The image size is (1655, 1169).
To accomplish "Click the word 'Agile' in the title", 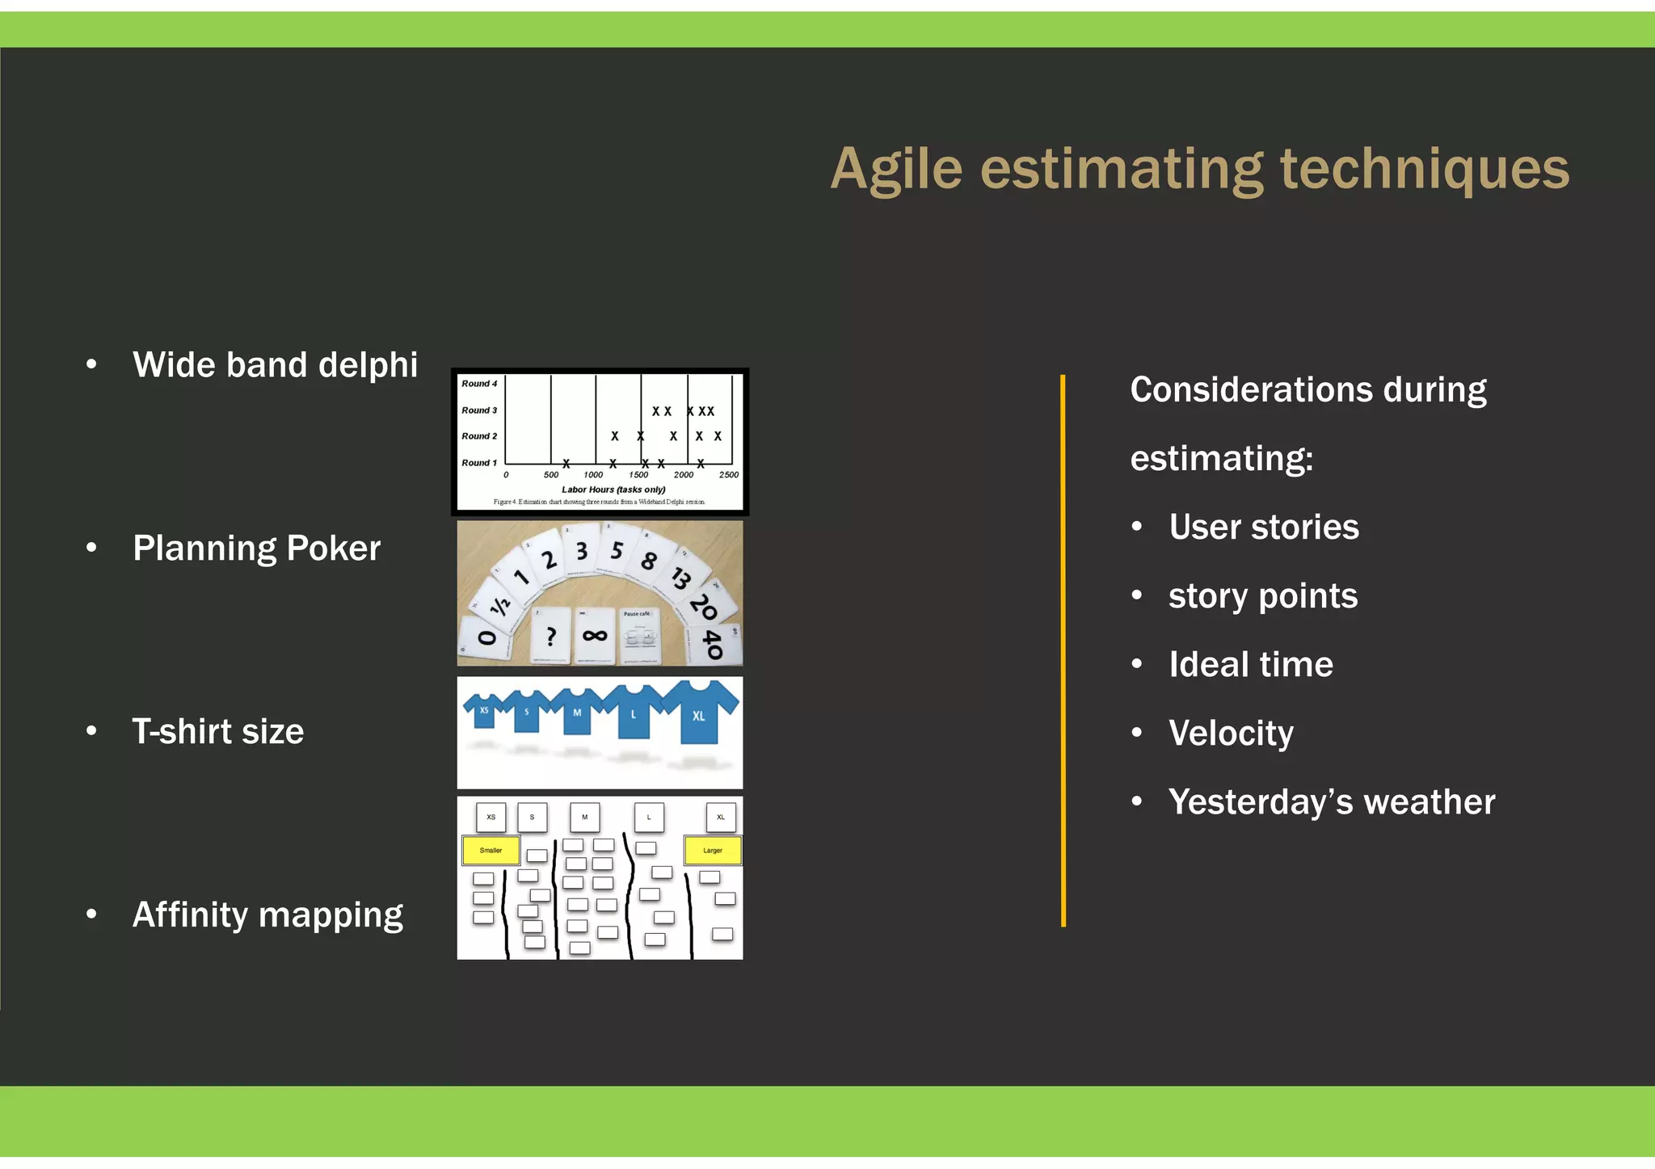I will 896,170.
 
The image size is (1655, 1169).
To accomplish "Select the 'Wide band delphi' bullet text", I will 275,365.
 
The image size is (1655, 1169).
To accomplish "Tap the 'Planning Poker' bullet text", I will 256,549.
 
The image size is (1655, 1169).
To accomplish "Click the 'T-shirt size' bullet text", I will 218,732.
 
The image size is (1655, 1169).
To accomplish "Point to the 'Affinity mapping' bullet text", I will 267,915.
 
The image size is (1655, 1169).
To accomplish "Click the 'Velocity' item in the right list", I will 1231,734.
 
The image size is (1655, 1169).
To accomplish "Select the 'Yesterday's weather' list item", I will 1331,802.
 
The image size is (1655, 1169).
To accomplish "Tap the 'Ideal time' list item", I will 1250,665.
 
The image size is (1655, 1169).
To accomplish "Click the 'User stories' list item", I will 1263,528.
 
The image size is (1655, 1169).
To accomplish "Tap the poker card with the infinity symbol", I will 595,636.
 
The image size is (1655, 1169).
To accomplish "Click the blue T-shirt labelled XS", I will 484,710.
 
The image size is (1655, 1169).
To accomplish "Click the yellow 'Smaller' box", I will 491,850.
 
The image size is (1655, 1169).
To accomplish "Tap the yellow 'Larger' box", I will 712,850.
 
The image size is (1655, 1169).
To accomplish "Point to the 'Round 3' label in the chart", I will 479,410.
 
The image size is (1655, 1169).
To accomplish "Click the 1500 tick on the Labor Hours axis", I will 638,475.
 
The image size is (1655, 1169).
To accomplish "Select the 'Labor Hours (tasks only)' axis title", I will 613,490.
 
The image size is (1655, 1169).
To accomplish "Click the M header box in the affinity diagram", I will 584,817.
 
